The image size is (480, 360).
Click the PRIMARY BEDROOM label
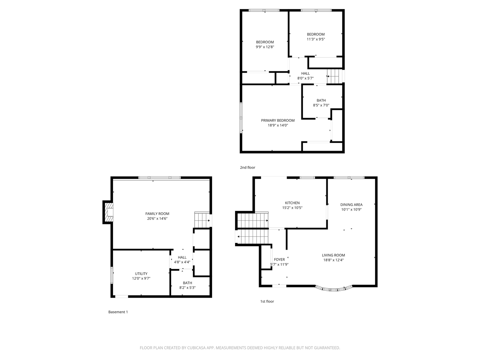[x=278, y=120]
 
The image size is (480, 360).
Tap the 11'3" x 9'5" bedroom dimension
[x=316, y=39]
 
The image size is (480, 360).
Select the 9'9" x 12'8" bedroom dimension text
[x=265, y=47]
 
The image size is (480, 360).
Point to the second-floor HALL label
[x=305, y=73]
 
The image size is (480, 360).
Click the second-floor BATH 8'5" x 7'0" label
[x=321, y=103]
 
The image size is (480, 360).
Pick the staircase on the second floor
[x=335, y=76]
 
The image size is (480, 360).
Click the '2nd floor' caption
[x=247, y=167]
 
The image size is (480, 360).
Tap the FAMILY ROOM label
[x=157, y=214]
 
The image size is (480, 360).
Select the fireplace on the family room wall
[x=109, y=212]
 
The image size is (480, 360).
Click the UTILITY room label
[x=141, y=274]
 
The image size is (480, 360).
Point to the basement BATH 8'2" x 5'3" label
[x=187, y=285]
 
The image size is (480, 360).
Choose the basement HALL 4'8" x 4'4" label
[x=182, y=259]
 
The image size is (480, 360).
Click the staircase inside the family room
[x=202, y=220]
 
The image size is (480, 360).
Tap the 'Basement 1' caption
[x=118, y=312]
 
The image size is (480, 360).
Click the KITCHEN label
[x=292, y=203]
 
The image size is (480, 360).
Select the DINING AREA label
[x=351, y=205]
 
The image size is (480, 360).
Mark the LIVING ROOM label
[x=333, y=255]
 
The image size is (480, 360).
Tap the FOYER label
[x=279, y=259]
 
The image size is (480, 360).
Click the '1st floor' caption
[x=267, y=301]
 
